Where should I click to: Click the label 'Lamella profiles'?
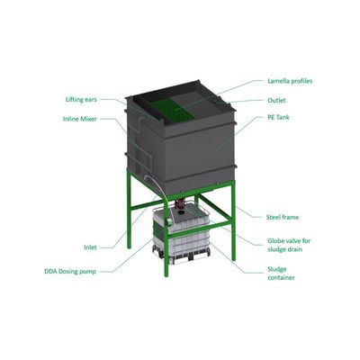coord(290,81)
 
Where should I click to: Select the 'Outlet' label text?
coord(276,100)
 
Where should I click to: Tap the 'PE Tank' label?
coord(278,117)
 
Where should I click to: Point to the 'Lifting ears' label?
coord(81,99)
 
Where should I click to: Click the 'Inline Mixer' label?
coord(80,119)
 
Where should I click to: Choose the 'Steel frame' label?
coord(283,217)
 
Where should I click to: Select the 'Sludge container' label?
coord(281,274)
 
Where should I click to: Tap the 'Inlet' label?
coord(90,247)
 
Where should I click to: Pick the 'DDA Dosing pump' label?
coord(70,272)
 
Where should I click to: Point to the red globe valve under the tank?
coord(180,203)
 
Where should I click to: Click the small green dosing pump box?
coord(169,222)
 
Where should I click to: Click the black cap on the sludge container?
coord(181,212)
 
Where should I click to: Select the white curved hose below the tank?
coord(159,195)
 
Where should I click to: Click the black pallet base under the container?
coord(182,256)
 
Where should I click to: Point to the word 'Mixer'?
coord(88,119)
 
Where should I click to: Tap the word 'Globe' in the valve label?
coord(275,241)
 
